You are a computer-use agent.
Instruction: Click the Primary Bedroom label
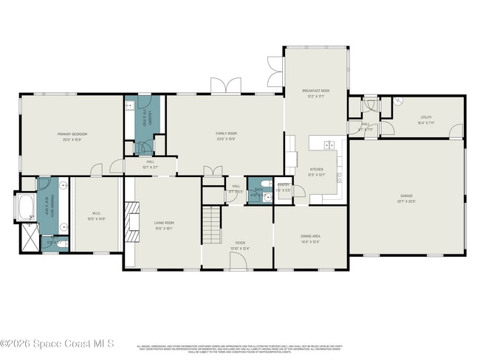73,136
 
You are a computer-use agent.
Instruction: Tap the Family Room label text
225,134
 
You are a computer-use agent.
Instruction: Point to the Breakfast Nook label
315,92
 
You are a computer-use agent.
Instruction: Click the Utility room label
426,119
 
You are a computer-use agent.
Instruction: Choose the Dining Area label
310,238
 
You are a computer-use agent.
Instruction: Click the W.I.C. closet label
96,215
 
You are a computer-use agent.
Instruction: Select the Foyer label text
240,244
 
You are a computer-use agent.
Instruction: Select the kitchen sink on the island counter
329,145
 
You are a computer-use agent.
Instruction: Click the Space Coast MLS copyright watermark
57,344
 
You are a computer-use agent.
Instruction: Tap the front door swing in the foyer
238,263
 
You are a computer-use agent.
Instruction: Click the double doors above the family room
222,86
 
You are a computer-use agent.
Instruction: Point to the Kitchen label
316,171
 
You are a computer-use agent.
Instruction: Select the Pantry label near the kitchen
284,187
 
